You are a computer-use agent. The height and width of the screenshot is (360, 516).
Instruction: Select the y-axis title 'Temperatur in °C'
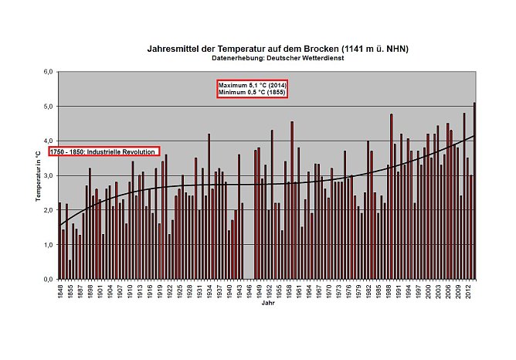click(38, 176)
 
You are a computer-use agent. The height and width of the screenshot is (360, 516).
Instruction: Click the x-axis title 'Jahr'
click(266, 304)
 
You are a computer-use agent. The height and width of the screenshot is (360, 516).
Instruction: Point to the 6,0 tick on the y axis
click(47, 72)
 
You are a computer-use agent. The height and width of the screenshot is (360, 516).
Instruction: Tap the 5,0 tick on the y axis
click(47, 107)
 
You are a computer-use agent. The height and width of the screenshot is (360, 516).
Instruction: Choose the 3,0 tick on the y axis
click(47, 175)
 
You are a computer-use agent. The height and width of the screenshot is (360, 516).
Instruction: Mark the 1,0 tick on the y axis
click(47, 244)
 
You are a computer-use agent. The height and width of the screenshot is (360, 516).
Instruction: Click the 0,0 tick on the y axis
click(47, 279)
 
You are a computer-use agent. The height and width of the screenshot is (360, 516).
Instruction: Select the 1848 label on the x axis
click(60, 290)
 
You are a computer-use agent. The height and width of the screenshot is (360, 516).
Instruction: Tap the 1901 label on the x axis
click(102, 290)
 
